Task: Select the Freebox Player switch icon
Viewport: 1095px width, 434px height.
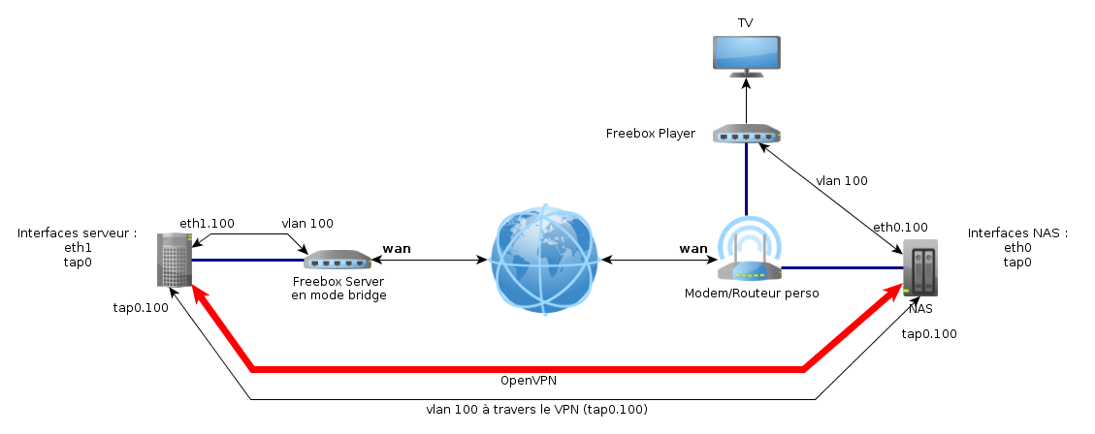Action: pyautogui.click(x=746, y=134)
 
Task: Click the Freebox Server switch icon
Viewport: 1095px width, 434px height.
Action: pyautogui.click(x=338, y=260)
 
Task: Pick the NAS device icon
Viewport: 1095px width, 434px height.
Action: pyautogui.click(x=920, y=267)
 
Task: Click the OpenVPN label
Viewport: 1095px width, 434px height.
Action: pyautogui.click(x=528, y=380)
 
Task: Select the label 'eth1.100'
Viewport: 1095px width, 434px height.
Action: pyautogui.click(x=207, y=223)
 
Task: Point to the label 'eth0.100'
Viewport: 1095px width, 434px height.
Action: pyautogui.click(x=900, y=228)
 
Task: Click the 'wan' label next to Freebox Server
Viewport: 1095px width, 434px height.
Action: pyautogui.click(x=397, y=248)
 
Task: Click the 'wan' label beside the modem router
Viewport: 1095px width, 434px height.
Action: pyautogui.click(x=692, y=248)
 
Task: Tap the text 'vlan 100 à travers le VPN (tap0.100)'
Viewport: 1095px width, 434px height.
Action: pyautogui.click(x=536, y=410)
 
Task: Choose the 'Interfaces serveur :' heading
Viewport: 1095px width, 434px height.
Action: pyautogui.click(x=77, y=233)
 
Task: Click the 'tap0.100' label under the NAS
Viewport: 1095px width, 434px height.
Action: pyautogui.click(x=929, y=334)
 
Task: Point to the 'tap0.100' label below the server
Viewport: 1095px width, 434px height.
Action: pyautogui.click(x=141, y=308)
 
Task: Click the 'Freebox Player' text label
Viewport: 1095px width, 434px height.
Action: pyautogui.click(x=650, y=134)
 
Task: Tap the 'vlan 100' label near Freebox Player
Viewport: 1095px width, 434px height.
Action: pyautogui.click(x=841, y=180)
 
